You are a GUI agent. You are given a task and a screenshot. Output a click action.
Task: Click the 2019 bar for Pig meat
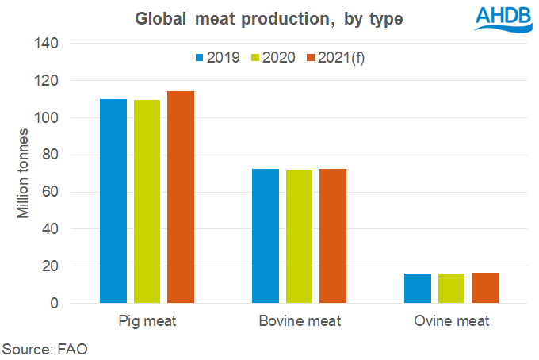point(113,201)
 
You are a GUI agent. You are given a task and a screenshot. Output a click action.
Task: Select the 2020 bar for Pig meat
point(147,201)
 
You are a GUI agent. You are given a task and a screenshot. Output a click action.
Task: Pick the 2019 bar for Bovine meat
point(266,236)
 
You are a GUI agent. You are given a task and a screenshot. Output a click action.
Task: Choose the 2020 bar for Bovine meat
point(300,236)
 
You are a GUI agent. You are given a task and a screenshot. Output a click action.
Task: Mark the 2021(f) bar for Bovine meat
point(333,236)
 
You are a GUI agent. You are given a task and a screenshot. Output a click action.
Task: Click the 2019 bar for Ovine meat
point(418,288)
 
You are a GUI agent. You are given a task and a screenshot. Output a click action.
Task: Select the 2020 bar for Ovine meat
point(452,288)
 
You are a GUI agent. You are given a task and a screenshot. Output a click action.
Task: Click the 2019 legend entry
point(216,58)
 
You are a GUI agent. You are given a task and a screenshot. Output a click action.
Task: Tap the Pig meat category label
point(147,321)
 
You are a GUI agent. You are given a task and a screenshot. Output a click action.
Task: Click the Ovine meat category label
point(452,321)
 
